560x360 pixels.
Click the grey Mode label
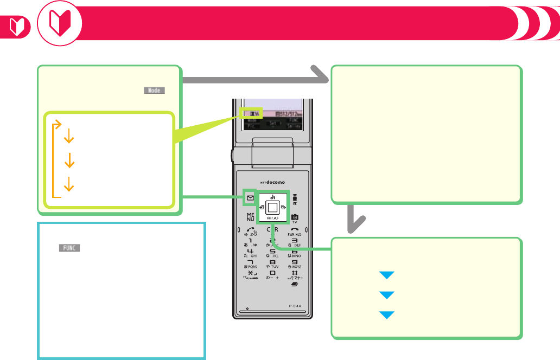pyautogui.click(x=154, y=91)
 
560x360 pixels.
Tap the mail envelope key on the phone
pyautogui.click(x=250, y=198)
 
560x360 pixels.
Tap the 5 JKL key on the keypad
pyautogui.click(x=272, y=254)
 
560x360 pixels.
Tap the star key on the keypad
pyautogui.click(x=250, y=274)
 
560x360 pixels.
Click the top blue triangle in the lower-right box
pyautogui.click(x=386, y=275)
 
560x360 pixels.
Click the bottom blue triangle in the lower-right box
pyautogui.click(x=386, y=314)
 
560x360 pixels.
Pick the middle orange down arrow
pyautogui.click(x=69, y=161)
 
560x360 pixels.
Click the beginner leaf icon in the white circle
pyautogui.click(x=60, y=24)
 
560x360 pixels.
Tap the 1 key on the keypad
pyautogui.click(x=250, y=242)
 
